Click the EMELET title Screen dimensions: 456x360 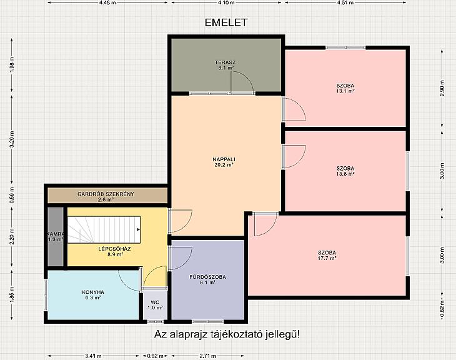tap(226, 22)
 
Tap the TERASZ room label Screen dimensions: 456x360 tap(225, 62)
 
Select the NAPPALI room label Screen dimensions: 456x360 tap(224, 159)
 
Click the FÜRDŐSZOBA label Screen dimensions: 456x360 tap(207, 277)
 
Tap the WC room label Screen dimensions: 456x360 tap(155, 302)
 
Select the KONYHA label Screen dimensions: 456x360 tap(93, 292)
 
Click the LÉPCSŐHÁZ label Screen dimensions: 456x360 tap(114, 249)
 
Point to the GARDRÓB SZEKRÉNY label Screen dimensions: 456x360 tap(106, 194)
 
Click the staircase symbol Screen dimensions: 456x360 tap(104, 229)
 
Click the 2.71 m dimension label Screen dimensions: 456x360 tap(208, 356)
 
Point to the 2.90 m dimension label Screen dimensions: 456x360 tap(442, 88)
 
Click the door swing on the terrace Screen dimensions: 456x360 tap(242, 82)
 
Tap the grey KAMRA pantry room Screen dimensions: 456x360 tap(56, 237)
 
